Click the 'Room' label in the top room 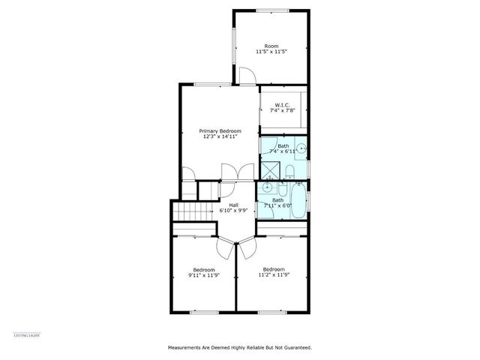271,46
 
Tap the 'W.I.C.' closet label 283,105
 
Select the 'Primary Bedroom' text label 220,130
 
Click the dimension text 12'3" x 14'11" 220,136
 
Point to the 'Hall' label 233,205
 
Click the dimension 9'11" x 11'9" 204,275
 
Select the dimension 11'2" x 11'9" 273,274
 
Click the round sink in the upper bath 300,148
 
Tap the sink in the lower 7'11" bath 267,187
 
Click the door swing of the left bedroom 223,245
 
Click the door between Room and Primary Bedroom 245,75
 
